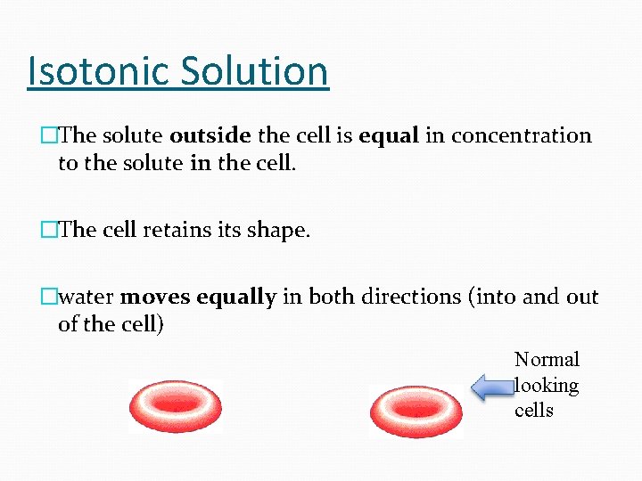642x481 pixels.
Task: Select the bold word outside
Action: [210, 135]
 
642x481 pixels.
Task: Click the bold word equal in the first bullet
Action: [390, 135]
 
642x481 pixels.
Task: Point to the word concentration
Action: [522, 135]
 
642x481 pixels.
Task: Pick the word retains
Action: [177, 230]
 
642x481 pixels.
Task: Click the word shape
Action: [279, 230]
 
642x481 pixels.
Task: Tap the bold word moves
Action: [155, 297]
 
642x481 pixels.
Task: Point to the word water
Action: [86, 297]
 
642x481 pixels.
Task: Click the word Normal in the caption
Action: [547, 360]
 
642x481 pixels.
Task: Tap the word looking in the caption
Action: [547, 386]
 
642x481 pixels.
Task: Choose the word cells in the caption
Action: [534, 411]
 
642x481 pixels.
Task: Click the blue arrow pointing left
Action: [491, 387]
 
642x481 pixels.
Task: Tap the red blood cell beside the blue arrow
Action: [415, 408]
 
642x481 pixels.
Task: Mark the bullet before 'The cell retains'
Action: [50, 230]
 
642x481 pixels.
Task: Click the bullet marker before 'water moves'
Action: [50, 297]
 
